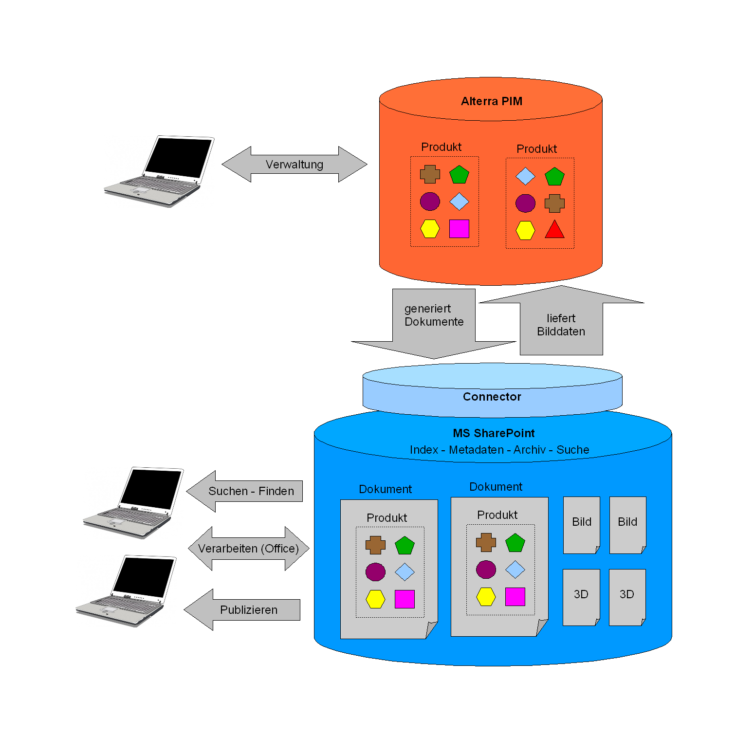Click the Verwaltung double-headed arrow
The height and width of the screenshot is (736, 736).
tap(294, 165)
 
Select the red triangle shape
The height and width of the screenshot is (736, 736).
tap(554, 230)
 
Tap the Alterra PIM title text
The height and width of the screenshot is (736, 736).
tap(491, 101)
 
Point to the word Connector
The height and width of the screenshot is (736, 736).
tap(492, 397)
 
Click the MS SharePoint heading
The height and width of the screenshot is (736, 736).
tap(493, 433)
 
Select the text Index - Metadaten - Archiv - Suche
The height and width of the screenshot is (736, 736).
tap(499, 450)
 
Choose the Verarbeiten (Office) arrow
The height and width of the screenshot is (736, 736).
tap(248, 549)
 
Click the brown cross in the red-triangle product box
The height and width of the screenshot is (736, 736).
tap(554, 203)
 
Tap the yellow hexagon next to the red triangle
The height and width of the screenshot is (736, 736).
tap(525, 230)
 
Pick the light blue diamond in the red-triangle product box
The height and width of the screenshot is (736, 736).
tap(525, 176)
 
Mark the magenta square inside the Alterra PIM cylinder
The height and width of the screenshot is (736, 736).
tap(459, 228)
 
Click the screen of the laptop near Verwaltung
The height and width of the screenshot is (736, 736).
tap(179, 157)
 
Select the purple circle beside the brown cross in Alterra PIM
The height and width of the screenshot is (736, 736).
tap(525, 203)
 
